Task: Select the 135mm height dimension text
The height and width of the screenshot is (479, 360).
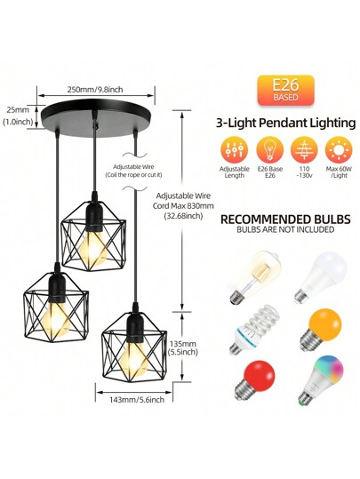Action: (x=184, y=344)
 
